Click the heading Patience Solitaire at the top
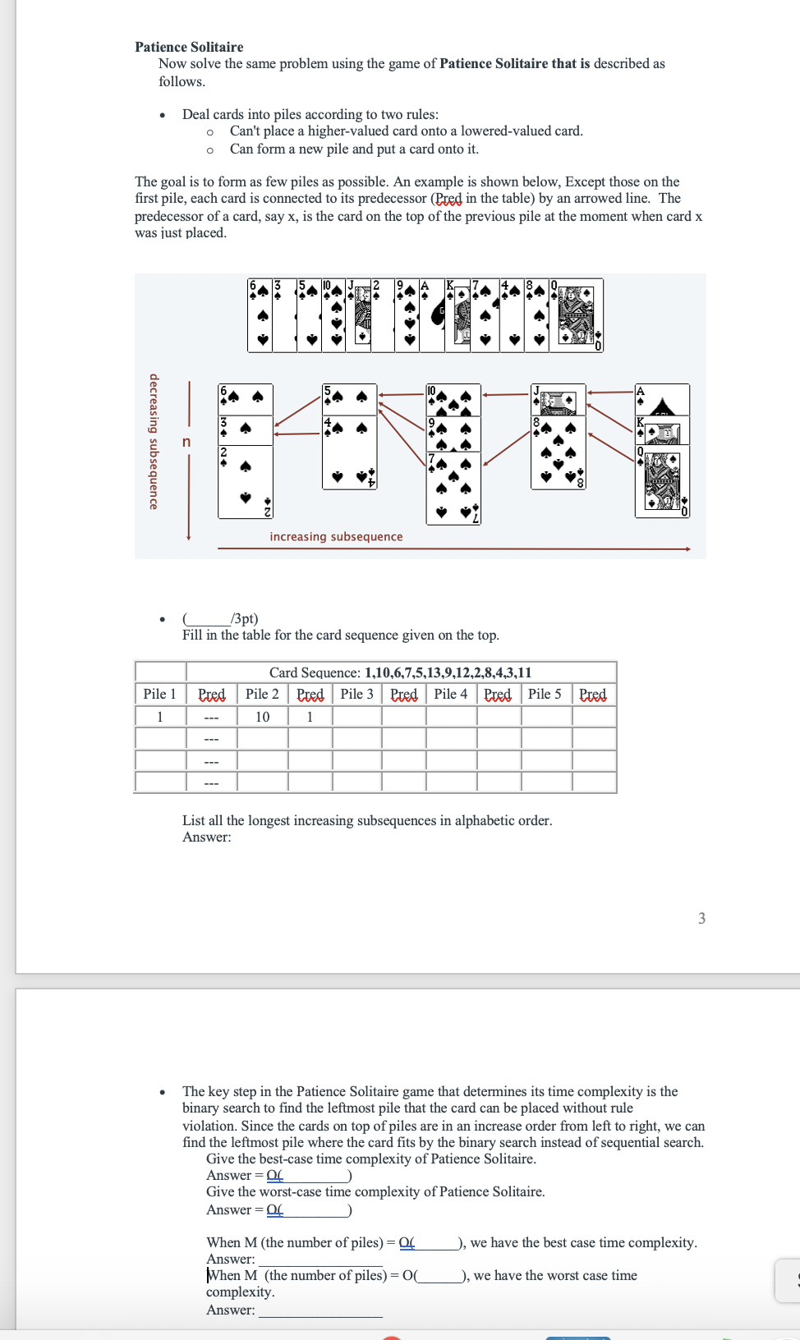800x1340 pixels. click(x=189, y=47)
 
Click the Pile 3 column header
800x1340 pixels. click(x=356, y=694)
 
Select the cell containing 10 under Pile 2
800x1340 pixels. click(x=262, y=717)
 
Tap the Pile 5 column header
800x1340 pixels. click(x=545, y=694)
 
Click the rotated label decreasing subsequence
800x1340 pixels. click(x=154, y=442)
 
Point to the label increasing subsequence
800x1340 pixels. click(x=336, y=536)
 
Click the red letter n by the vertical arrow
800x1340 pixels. click(x=186, y=442)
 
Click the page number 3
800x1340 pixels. click(x=701, y=918)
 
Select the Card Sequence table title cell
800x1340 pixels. click(x=400, y=672)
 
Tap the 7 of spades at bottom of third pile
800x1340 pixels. click(x=453, y=489)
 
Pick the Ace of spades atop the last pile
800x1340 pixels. click(x=662, y=399)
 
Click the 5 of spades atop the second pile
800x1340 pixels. click(x=349, y=397)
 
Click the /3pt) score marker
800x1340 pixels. click(x=244, y=618)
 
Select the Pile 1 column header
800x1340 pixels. click(x=159, y=694)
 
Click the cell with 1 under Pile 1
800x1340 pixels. click(x=159, y=717)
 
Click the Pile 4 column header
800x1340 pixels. click(x=450, y=694)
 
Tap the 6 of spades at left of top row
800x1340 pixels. click(x=260, y=315)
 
